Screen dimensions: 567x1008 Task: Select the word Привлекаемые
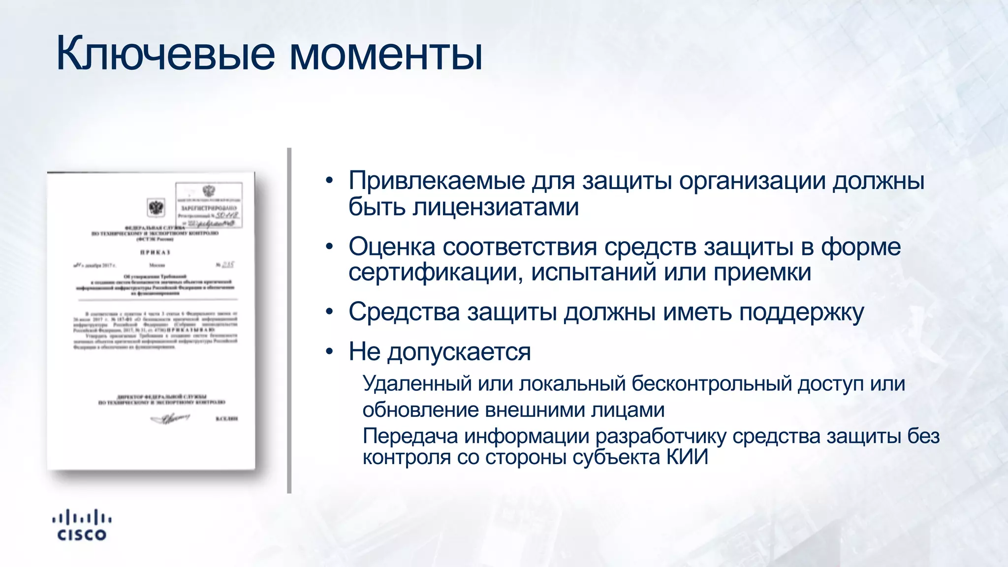coord(437,181)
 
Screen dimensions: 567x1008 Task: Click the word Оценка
coord(392,247)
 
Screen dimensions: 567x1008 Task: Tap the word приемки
coord(762,272)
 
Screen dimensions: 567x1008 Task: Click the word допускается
coord(459,352)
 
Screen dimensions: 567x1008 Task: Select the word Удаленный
coord(417,384)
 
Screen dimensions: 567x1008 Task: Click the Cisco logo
coord(82,526)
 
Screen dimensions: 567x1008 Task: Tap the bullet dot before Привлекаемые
coord(329,181)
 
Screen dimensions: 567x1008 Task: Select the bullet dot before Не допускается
coord(329,352)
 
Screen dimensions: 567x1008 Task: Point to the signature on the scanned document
coord(170,419)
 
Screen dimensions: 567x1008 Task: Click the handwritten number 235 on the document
coord(228,265)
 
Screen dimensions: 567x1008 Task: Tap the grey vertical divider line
coord(289,320)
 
